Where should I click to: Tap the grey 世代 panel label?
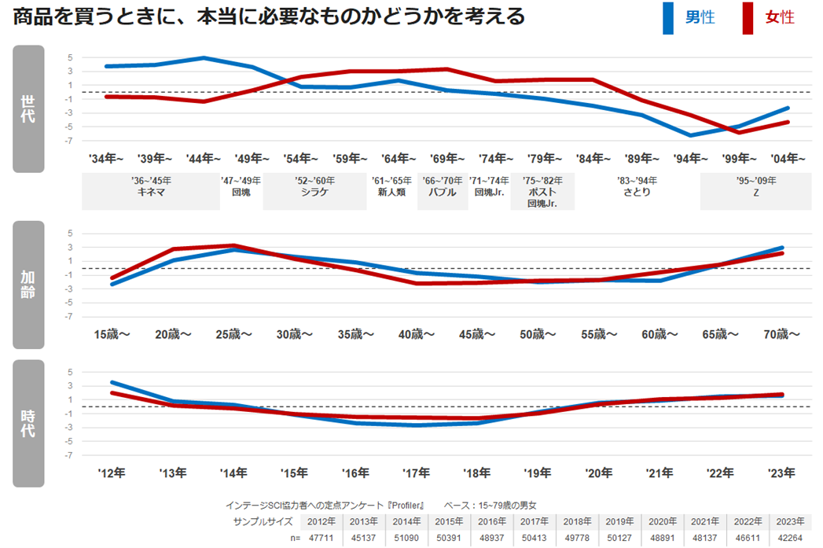coord(28,108)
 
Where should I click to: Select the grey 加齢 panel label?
coord(28,285)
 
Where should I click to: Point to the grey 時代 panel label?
coord(28,423)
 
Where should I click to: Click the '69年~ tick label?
coord(447,158)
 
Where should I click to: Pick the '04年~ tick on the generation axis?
coord(788,158)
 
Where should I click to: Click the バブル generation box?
coord(443,192)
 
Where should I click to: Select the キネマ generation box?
coord(150,192)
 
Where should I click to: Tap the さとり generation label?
coord(637,192)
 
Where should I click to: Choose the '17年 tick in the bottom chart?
coord(416,473)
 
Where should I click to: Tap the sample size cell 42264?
coord(788,536)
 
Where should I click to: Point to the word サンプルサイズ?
coord(263,521)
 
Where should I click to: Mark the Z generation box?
coord(755,192)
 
